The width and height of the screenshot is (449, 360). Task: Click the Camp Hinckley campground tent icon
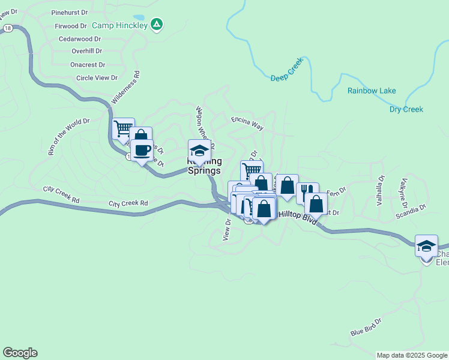157,25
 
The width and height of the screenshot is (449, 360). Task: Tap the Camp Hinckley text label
119,25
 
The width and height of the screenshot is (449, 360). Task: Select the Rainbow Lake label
372,91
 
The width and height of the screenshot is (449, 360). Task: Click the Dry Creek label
406,109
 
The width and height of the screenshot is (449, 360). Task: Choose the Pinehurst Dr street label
69,12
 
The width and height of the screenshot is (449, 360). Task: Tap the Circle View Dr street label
97,78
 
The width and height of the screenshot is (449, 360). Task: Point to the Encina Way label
247,124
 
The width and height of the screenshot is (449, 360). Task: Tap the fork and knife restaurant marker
307,192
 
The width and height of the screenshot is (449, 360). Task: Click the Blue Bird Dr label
366,328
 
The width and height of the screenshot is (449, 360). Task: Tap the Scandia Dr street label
410,211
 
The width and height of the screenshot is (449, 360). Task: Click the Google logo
20,353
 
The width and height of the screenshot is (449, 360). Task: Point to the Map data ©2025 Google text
412,355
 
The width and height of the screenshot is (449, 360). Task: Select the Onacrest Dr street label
88,65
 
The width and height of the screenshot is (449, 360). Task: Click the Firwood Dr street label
71,26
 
